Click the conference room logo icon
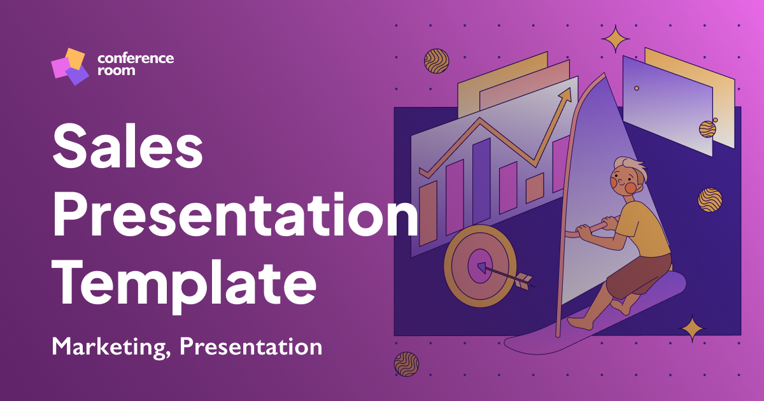click(69, 66)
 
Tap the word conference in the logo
click(136, 58)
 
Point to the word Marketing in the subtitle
click(111, 348)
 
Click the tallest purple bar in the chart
click(481, 181)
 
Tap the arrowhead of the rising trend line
click(564, 95)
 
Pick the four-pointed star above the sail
click(616, 39)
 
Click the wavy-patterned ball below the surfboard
click(406, 363)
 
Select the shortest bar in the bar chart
click(534, 188)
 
